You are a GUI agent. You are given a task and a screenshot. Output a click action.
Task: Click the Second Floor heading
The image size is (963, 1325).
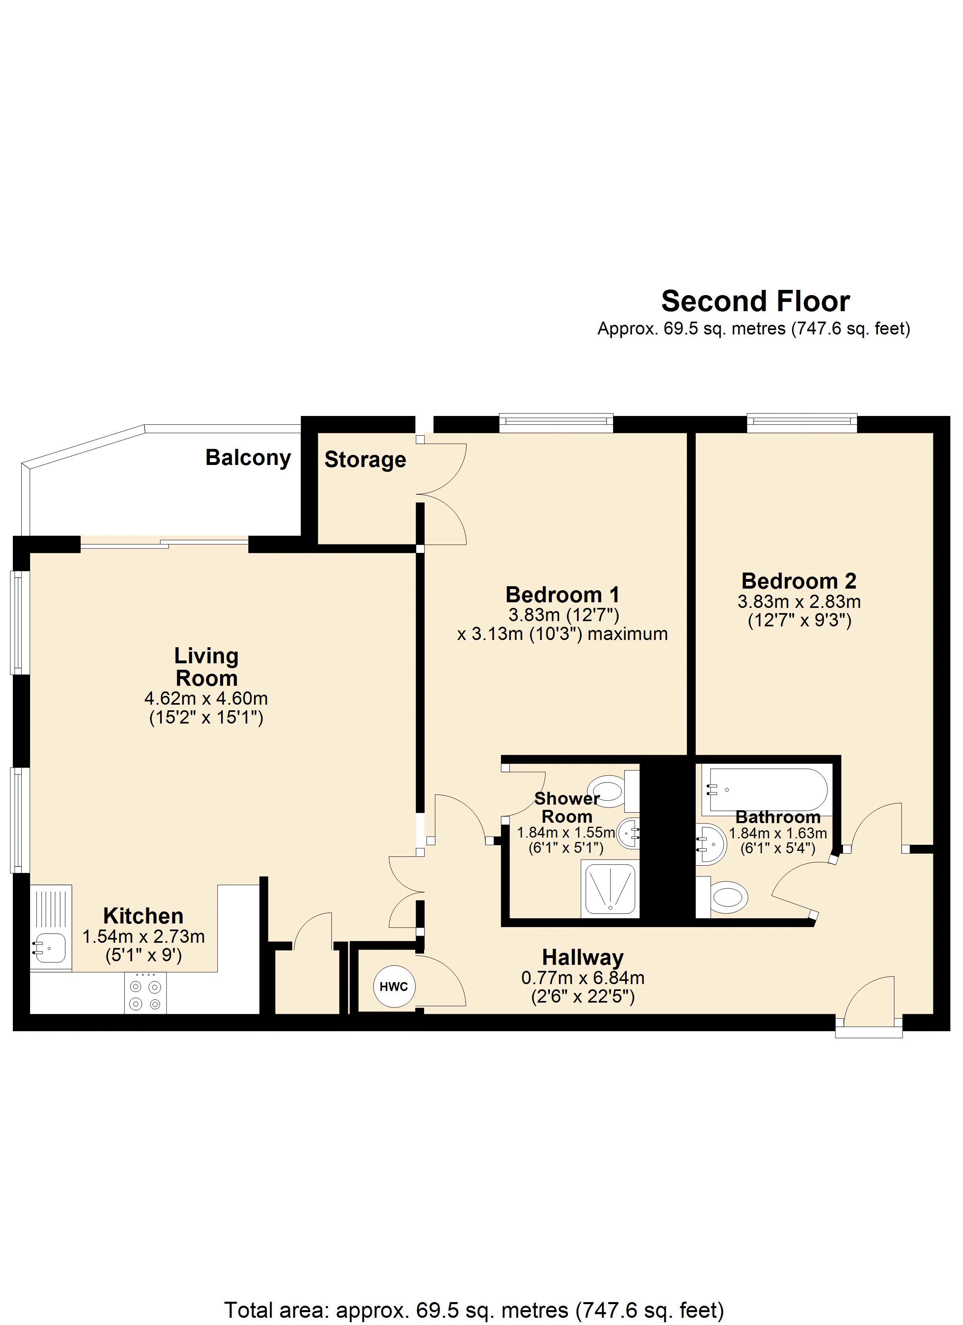pos(755,302)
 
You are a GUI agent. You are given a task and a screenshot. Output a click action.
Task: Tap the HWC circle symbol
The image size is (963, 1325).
pos(394,987)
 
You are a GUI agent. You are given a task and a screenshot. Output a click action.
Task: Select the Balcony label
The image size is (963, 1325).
pos(248,457)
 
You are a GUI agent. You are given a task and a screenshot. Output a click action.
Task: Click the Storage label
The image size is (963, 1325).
pos(365,460)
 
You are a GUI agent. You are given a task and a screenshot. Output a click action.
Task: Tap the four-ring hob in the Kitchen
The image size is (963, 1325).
pos(145,995)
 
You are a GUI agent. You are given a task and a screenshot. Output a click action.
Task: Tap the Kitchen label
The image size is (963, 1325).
pos(143,915)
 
